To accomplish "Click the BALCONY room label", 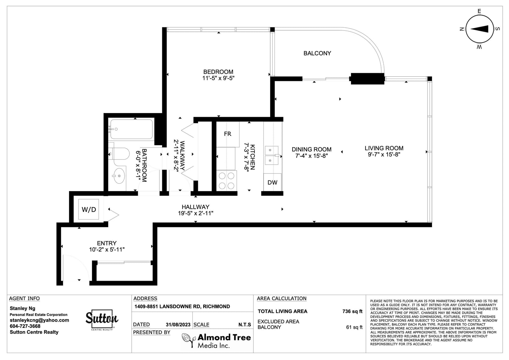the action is [x=317, y=53].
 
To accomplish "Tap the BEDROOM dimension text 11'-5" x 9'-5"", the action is [x=218, y=78].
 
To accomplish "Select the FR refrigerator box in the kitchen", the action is [x=228, y=134].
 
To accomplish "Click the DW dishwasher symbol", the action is [x=272, y=182].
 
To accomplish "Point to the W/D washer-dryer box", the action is [x=89, y=209].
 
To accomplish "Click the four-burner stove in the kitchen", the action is [x=227, y=180].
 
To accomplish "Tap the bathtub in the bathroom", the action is [x=132, y=129].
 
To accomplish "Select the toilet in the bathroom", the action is [x=119, y=153].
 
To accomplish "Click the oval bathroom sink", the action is [x=119, y=176].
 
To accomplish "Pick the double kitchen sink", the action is [x=272, y=155].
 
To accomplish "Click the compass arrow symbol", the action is [x=479, y=29].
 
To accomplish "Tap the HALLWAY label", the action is [x=195, y=207].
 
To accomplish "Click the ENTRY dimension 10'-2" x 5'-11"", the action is [x=107, y=250].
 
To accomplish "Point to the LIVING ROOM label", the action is [x=384, y=148].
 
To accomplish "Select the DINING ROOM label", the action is [x=311, y=149].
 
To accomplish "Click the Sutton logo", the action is [x=102, y=320].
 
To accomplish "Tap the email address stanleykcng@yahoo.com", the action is [x=39, y=320].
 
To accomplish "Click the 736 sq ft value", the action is [x=352, y=311].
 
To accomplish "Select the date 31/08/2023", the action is [x=178, y=325].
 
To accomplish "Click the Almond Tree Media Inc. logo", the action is [x=216, y=341].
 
